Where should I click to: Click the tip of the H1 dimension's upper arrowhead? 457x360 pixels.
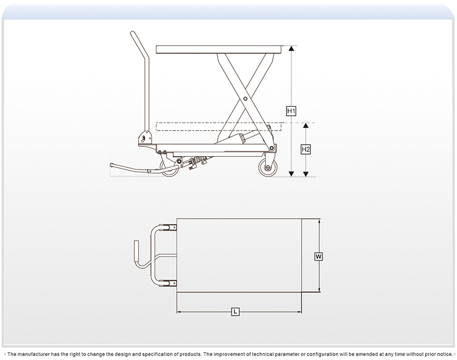coord(291,46)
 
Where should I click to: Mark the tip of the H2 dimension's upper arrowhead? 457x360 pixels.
coord(306,123)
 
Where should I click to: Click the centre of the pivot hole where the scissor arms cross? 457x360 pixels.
coord(245,99)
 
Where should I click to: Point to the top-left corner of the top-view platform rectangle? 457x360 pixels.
coord(177,218)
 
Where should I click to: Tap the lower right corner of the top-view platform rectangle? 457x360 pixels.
coord(302,292)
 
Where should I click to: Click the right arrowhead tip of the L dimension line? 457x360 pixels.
coord(301,312)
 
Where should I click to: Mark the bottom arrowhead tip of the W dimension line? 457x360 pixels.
coord(319,292)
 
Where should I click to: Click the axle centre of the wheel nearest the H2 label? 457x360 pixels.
coord(268,168)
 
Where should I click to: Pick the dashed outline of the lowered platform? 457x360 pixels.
coord(219,126)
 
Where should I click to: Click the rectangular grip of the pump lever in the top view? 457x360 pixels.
coord(136,251)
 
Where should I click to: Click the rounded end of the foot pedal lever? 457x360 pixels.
coord(111,165)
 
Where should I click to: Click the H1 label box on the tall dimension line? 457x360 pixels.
coord(291,111)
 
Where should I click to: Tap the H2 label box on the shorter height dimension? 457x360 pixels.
coord(306,149)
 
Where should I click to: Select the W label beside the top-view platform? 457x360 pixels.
coord(318,257)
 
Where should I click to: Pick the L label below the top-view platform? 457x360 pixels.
coord(235,312)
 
